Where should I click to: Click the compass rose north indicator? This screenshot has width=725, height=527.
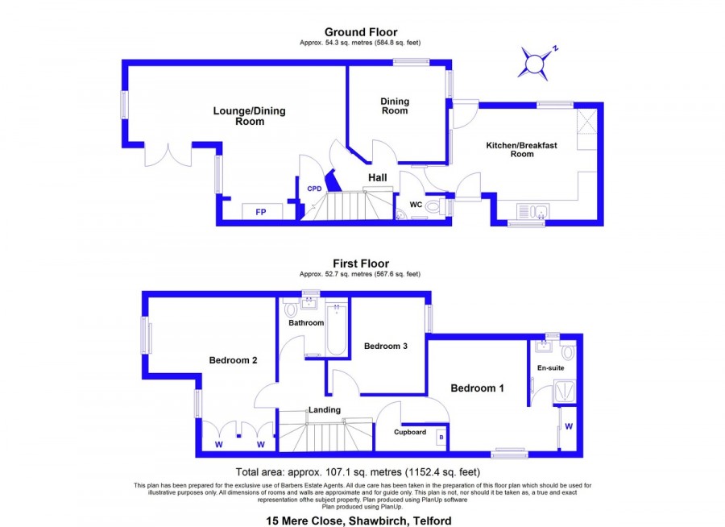[x=536, y=63]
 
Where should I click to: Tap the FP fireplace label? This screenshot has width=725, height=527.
[x=261, y=212]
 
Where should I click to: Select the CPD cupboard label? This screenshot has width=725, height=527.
[x=314, y=189]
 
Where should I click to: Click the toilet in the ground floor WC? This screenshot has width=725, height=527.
[x=434, y=206]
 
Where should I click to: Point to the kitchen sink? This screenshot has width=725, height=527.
[x=532, y=212]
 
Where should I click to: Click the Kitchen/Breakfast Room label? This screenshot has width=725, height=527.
[x=521, y=149]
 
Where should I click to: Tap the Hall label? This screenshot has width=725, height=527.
[x=377, y=177]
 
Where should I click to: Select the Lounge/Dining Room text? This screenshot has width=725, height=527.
[x=249, y=116]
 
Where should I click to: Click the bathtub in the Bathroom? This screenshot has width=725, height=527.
[x=337, y=330]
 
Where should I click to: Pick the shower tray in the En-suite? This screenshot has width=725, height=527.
[x=565, y=392]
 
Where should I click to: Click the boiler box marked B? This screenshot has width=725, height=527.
[x=441, y=438]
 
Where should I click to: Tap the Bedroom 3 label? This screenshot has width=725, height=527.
[x=386, y=346]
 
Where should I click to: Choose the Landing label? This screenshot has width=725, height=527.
[x=325, y=410]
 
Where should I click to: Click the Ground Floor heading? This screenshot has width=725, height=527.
[x=361, y=32]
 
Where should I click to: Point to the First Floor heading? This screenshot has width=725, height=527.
[x=361, y=263]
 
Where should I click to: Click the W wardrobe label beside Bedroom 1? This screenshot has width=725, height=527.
[x=569, y=426]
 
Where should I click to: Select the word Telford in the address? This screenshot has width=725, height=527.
[x=433, y=521]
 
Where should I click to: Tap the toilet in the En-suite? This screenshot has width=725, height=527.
[x=568, y=352]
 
